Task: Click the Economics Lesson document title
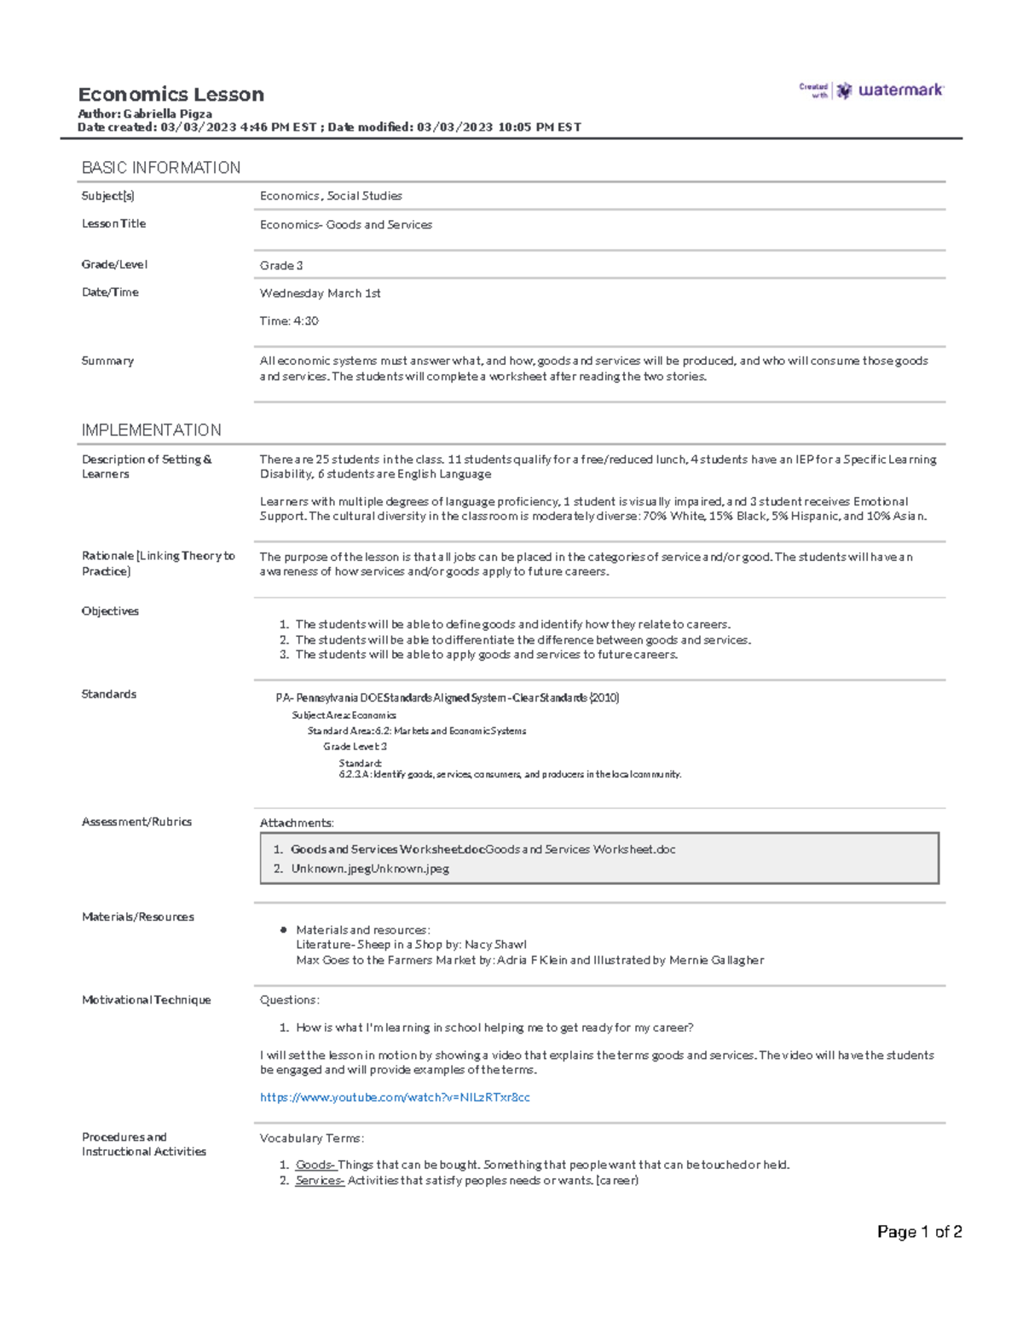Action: coord(170,95)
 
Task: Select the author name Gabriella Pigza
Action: coord(167,113)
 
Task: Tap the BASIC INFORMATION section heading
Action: coord(160,168)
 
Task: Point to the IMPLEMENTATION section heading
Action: coord(151,431)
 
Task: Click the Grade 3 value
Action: coord(281,266)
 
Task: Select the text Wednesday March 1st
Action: coord(320,293)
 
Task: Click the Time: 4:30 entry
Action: coord(289,321)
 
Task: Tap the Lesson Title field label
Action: coord(113,223)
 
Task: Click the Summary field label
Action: coord(107,361)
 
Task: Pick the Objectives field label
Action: coord(110,611)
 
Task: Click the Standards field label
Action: coord(108,694)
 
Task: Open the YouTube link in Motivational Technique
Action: coord(395,1098)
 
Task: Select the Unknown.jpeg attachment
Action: coord(370,869)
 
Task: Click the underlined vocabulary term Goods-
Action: coord(315,1165)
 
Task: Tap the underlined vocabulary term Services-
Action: coord(320,1181)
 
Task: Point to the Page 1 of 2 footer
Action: coord(919,1232)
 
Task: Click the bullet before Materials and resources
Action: coord(283,930)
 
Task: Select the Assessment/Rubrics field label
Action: coord(136,822)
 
